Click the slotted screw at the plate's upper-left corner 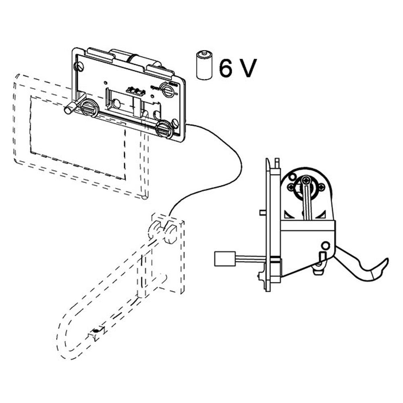(81, 66)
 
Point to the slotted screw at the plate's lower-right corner (175, 123)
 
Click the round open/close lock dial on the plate (167, 89)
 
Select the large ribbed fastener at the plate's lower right (164, 129)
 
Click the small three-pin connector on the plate (136, 91)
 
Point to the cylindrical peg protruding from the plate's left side (71, 107)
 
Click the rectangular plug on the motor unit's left (225, 258)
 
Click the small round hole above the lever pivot (326, 245)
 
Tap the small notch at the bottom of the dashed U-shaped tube (96, 333)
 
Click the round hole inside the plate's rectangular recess (116, 103)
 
